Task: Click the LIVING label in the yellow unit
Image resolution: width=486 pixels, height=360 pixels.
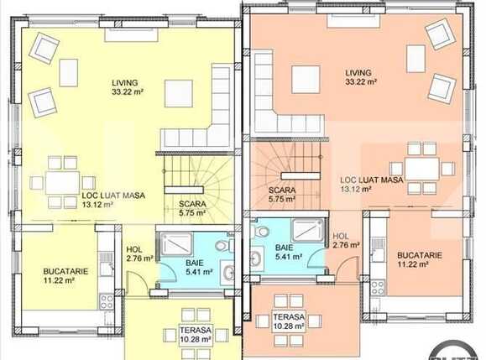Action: (x=124, y=83)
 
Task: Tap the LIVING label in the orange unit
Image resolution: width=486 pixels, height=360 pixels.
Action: (x=358, y=73)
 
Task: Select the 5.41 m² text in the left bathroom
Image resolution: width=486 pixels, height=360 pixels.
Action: (x=199, y=272)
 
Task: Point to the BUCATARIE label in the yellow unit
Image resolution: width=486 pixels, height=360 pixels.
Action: (x=65, y=271)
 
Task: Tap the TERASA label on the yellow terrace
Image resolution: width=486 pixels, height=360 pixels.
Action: (x=196, y=331)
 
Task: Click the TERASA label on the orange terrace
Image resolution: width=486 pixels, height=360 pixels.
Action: (x=289, y=317)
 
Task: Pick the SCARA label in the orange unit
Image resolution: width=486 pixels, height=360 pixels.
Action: (x=282, y=190)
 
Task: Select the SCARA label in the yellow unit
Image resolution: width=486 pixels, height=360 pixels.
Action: (x=192, y=204)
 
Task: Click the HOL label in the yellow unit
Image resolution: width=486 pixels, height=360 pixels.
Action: (x=134, y=249)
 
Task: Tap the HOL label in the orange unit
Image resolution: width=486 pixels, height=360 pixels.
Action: (x=341, y=236)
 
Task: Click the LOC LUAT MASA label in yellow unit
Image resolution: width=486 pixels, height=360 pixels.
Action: (x=113, y=196)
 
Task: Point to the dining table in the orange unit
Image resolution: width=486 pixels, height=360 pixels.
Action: (x=422, y=169)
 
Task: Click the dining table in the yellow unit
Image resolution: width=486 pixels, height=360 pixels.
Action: (x=63, y=183)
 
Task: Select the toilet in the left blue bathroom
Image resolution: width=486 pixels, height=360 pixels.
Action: (x=224, y=246)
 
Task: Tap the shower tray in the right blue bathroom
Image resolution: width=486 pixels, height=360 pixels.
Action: (x=308, y=230)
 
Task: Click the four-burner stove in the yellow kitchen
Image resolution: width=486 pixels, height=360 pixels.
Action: (x=107, y=302)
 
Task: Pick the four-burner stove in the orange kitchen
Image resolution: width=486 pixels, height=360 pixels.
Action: (x=378, y=288)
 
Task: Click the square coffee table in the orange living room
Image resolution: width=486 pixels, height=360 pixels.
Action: (x=306, y=80)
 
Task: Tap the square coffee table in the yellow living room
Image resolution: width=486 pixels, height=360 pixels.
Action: (x=179, y=93)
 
